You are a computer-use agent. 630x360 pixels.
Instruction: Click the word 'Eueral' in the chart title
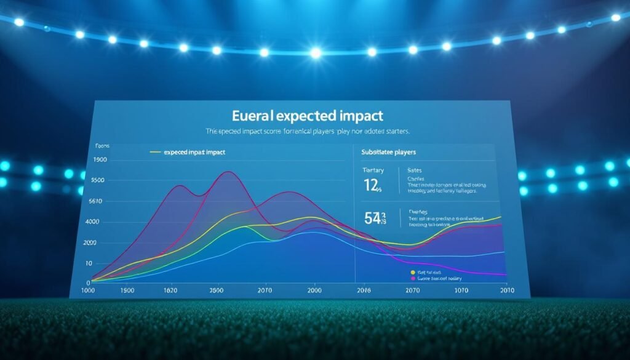pos(254,116)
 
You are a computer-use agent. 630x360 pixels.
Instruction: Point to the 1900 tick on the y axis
pos(99,160)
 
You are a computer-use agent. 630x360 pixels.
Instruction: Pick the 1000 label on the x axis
pos(89,290)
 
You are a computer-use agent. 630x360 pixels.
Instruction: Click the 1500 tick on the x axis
pos(128,290)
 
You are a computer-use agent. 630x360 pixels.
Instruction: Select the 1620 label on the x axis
pos(172,290)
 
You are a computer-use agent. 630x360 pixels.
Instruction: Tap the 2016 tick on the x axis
pos(364,290)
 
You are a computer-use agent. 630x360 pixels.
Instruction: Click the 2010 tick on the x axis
pos(507,290)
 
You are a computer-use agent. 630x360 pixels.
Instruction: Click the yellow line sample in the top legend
pos(155,151)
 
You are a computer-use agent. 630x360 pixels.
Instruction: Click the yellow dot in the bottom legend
pos(413,271)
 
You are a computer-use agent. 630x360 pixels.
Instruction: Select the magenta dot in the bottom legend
pos(413,278)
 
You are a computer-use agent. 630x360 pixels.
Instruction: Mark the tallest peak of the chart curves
pos(228,172)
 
